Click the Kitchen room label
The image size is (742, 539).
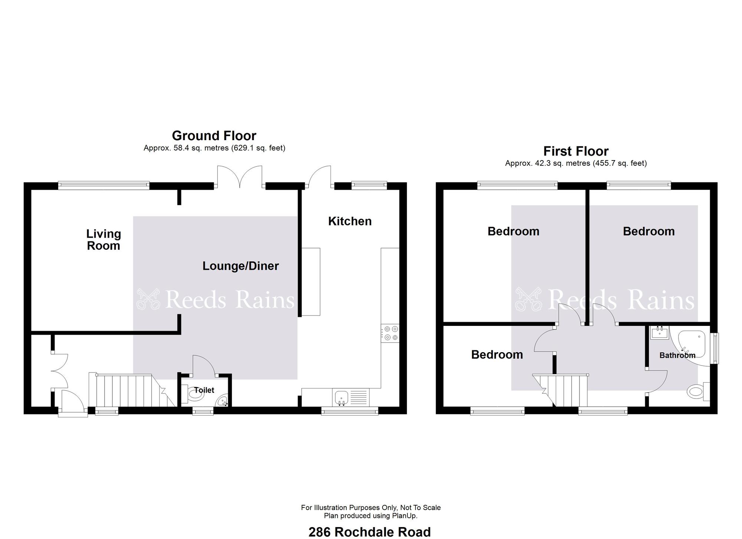pos(350,221)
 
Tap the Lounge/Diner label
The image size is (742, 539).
pos(240,266)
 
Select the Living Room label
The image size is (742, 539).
pos(104,240)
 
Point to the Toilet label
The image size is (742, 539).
pos(204,390)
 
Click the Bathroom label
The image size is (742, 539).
pos(677,355)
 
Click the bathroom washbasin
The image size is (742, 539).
pos(660,333)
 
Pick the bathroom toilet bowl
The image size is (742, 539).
pos(695,391)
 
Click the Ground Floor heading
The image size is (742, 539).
pos(214,136)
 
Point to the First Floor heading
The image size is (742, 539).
pos(576,151)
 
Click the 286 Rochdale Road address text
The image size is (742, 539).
pos(370,532)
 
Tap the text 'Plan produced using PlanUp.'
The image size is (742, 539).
pos(371,516)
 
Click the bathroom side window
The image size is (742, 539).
pos(715,348)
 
